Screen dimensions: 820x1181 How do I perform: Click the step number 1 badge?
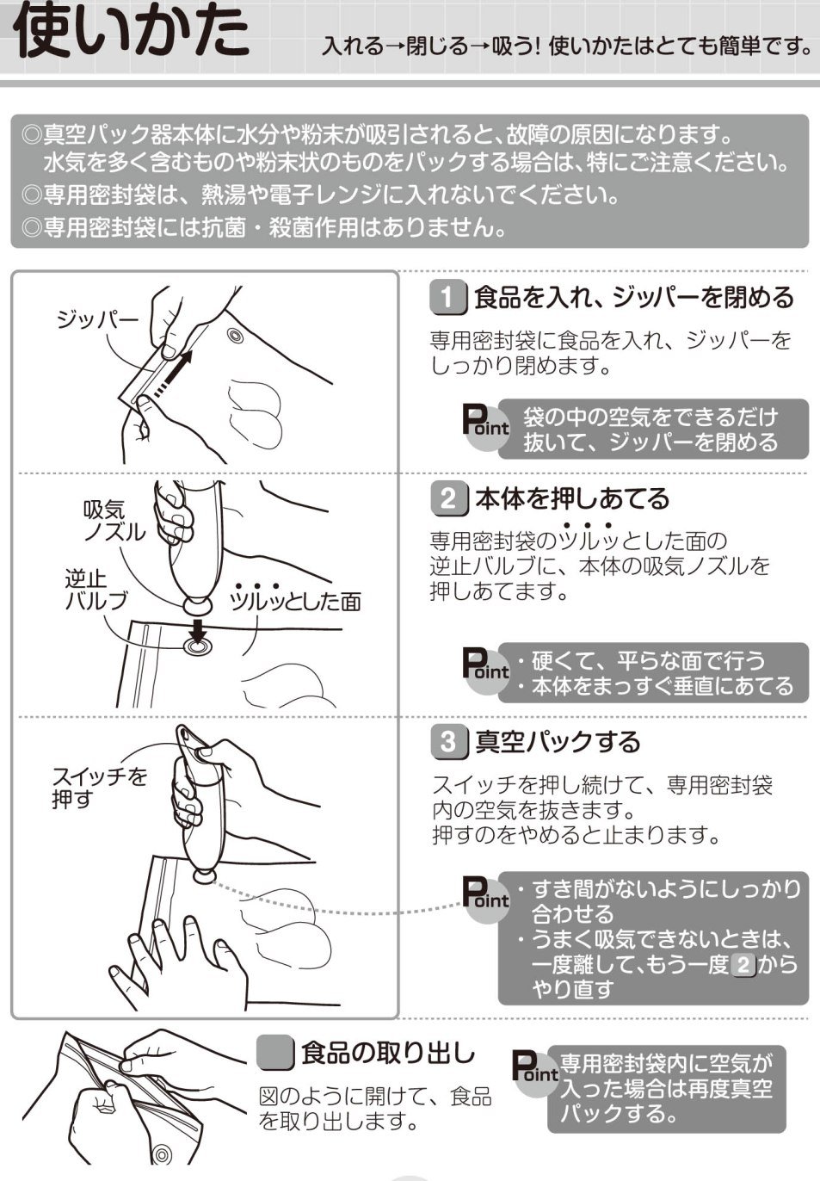447,298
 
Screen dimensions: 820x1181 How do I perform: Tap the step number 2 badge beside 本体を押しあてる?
448,498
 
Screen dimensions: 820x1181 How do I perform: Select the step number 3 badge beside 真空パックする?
448,742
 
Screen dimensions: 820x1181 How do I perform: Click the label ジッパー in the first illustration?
96,320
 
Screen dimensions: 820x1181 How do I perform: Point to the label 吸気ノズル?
114,522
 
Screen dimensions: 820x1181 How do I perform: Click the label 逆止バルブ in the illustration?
96,590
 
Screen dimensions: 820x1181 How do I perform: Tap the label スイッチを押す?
98,788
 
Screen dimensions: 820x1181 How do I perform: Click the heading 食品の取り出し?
387,1052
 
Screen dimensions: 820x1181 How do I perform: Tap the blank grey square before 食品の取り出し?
275,1052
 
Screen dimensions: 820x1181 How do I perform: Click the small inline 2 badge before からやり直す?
743,964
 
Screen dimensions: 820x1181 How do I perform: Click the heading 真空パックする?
558,742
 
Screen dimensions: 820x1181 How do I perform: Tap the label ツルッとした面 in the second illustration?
295,601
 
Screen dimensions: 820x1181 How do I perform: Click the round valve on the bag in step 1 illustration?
234,334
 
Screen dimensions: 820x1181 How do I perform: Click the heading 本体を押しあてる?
571,498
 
